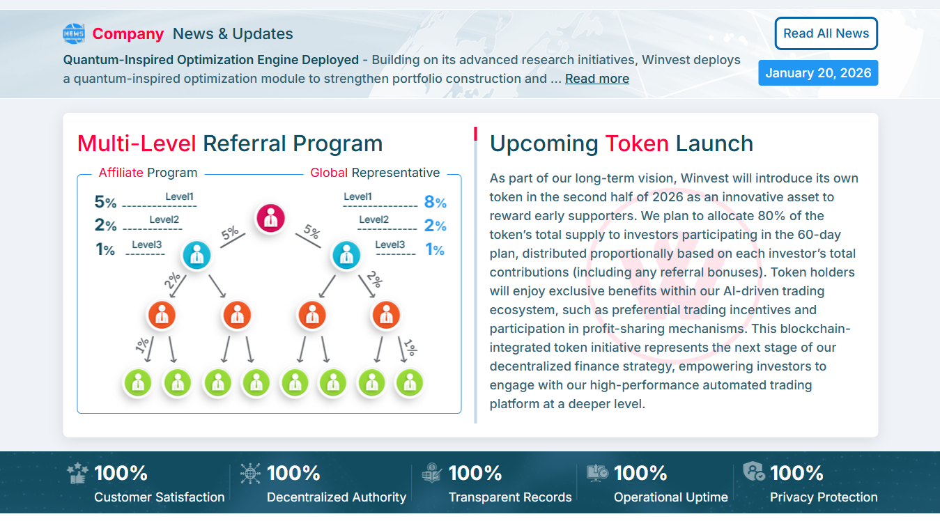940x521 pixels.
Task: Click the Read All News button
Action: (826, 33)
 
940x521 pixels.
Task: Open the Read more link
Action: (596, 79)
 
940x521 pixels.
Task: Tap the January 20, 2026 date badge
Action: (818, 73)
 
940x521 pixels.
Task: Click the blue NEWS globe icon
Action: (73, 33)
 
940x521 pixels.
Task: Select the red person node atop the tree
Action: (270, 218)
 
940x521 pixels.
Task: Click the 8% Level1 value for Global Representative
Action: (435, 203)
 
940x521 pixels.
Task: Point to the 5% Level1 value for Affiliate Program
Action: (105, 203)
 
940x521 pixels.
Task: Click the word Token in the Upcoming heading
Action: (636, 143)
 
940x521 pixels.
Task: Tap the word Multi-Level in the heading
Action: (137, 143)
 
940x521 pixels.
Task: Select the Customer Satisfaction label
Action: (159, 497)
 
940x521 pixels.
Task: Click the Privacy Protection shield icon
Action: (753, 472)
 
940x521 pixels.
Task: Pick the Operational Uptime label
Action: (670, 497)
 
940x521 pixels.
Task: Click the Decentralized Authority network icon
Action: (250, 474)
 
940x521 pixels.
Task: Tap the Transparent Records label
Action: (510, 497)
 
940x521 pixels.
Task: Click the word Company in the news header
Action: (128, 33)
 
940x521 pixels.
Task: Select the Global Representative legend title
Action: (375, 173)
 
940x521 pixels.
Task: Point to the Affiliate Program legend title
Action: (148, 173)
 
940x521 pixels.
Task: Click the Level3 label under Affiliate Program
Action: (146, 244)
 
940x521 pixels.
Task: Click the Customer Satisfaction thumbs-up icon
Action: (77, 474)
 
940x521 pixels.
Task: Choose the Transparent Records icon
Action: (431, 473)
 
